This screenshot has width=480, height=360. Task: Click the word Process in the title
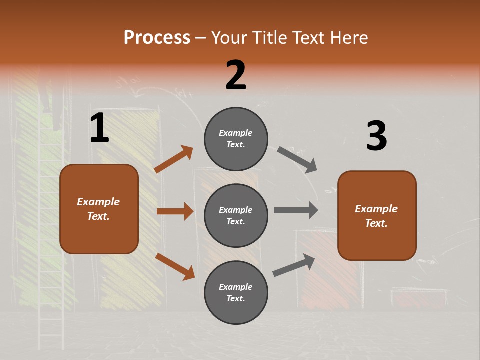(157, 38)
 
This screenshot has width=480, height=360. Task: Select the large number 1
(99, 128)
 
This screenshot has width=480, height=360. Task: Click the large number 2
(236, 75)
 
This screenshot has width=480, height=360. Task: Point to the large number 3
(376, 136)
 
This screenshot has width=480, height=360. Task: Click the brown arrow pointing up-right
(174, 159)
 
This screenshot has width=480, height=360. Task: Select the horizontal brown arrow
(175, 211)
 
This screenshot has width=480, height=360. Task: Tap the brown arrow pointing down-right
(175, 266)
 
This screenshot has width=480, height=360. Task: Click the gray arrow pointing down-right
(297, 159)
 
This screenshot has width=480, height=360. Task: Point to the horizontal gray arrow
(296, 210)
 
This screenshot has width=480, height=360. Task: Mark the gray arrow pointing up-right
(294, 265)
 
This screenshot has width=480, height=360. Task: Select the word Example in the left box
(98, 202)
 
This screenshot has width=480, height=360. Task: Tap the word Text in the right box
(376, 223)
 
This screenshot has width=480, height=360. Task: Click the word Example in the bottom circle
(235, 287)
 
